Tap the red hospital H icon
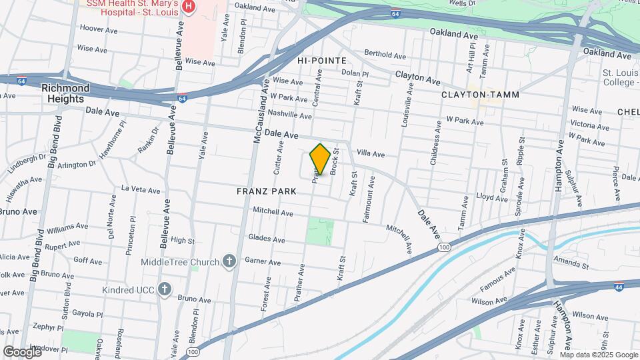pyautogui.click(x=189, y=6)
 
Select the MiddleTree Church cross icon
pyautogui.click(x=230, y=261)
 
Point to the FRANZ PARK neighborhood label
pyautogui.click(x=266, y=191)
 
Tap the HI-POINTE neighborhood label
pyautogui.click(x=319, y=60)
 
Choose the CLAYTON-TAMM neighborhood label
pyautogui.click(x=480, y=95)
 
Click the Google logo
pyautogui.click(x=22, y=351)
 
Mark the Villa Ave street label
pyautogui.click(x=371, y=154)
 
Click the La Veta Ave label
pyautogui.click(x=141, y=190)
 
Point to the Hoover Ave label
pyautogui.click(x=98, y=29)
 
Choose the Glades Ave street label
pyautogui.click(x=266, y=238)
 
